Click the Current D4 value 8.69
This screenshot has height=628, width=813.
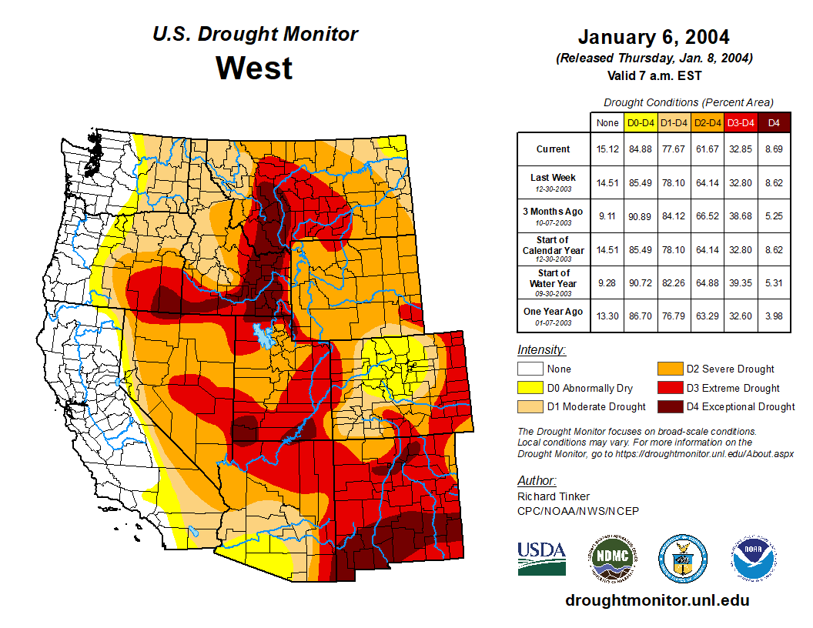point(774,149)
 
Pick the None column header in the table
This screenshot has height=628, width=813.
point(607,122)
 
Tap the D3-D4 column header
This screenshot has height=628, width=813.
point(740,122)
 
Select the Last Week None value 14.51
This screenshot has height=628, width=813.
point(607,183)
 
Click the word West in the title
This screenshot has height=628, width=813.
point(254,68)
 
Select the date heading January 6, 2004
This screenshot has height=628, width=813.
point(654,37)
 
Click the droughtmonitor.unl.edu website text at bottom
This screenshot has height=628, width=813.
point(657,600)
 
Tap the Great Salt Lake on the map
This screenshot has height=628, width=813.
point(264,336)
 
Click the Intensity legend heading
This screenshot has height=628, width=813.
point(541,350)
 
